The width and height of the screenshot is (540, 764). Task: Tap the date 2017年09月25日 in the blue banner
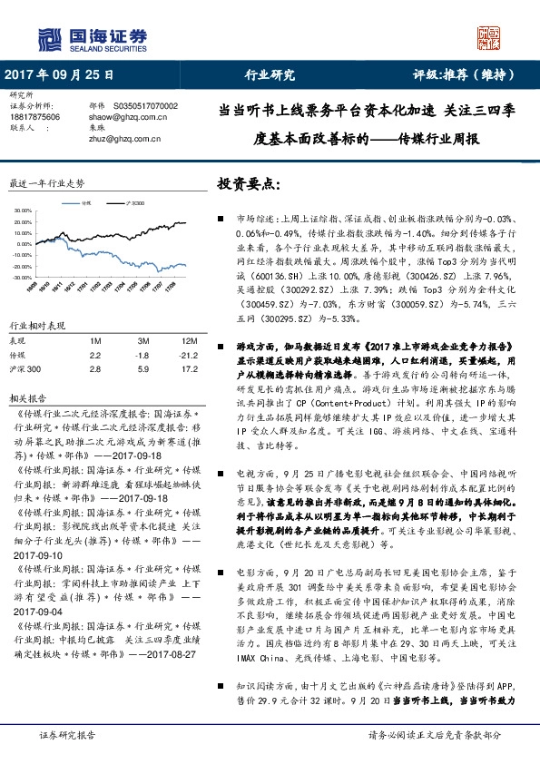(61, 75)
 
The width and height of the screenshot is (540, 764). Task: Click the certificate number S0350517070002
(145, 107)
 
